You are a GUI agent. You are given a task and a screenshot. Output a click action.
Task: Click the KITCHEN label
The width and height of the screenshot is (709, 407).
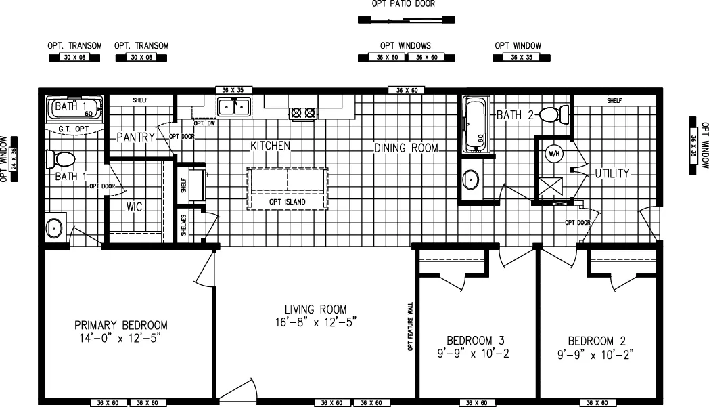click(271, 146)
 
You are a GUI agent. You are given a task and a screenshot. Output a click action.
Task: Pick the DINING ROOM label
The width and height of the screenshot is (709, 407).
click(406, 148)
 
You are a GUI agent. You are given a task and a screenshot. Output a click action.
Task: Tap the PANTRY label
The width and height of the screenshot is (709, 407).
click(136, 137)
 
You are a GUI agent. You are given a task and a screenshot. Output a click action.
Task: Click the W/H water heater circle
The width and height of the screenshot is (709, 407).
click(554, 154)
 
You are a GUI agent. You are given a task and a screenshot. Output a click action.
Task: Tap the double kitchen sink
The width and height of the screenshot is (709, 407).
click(233, 107)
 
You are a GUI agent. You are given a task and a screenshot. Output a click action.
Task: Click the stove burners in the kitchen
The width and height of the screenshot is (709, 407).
click(303, 113)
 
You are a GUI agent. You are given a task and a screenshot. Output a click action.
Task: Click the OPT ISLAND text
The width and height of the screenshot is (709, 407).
click(288, 202)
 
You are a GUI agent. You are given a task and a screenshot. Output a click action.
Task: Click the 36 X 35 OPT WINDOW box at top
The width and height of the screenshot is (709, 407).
click(518, 58)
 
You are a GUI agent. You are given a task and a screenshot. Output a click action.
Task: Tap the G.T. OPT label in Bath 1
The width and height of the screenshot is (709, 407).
click(74, 128)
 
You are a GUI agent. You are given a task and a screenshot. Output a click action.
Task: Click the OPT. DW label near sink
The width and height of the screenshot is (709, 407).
click(204, 123)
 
